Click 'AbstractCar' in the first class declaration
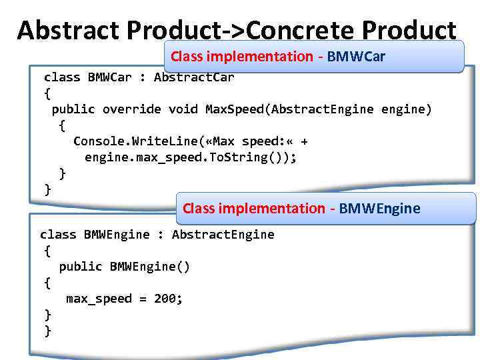pos(194,77)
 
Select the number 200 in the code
pos(165,299)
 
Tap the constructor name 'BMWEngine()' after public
pos(150,267)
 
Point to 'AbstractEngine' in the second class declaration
pos(223,235)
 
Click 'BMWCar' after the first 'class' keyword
pos(109,77)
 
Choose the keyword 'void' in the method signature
pos(183,109)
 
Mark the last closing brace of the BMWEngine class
pos(47,331)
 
